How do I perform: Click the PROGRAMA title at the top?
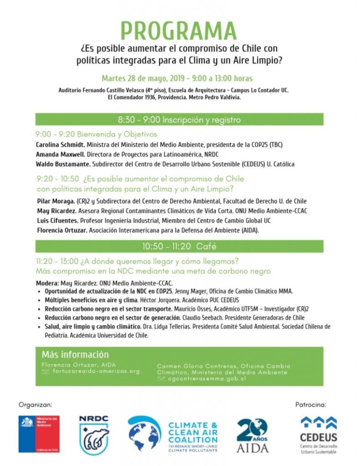[x=179, y=31]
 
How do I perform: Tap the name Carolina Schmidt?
[x=57, y=144]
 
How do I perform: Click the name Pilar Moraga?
[x=56, y=201]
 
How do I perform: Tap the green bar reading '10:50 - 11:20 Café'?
[x=179, y=247]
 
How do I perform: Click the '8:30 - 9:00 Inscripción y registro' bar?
[x=179, y=120]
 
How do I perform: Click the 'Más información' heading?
[x=75, y=355]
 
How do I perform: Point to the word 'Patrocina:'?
[x=311, y=404]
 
